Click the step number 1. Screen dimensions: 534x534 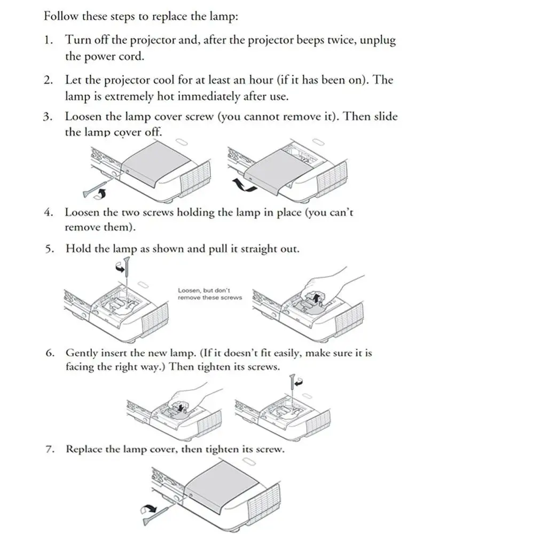tap(48, 40)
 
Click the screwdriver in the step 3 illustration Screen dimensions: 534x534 tap(92, 187)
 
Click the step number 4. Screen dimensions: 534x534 tap(48, 212)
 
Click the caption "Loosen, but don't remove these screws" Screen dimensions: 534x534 tap(209, 294)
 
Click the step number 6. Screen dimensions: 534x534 tap(49, 353)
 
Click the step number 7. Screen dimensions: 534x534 tap(49, 449)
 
